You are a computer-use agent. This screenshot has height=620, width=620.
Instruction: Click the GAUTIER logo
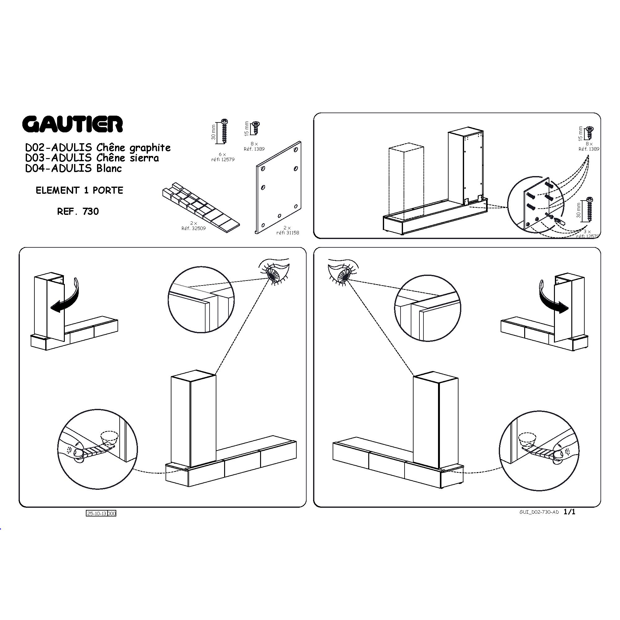(73, 124)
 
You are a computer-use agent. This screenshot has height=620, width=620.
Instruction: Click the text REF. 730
(78, 211)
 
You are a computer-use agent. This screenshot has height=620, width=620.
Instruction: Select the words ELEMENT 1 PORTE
(79, 190)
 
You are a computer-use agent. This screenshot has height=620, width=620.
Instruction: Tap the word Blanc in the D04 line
(109, 168)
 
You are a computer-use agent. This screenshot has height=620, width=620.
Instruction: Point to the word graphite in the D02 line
(150, 148)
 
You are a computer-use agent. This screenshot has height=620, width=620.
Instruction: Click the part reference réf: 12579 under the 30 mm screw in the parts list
(223, 159)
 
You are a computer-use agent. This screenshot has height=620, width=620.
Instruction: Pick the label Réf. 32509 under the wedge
(193, 228)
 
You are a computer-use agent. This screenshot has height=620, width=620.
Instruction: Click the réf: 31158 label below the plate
(288, 233)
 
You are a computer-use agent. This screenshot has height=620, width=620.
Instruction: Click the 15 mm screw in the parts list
(256, 128)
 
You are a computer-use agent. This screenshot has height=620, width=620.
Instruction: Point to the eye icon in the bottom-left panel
(275, 272)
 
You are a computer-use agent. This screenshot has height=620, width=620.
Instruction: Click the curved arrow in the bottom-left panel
(65, 296)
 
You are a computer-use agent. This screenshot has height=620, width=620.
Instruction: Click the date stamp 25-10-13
(97, 514)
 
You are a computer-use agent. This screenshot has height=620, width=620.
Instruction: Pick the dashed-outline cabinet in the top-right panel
(406, 182)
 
